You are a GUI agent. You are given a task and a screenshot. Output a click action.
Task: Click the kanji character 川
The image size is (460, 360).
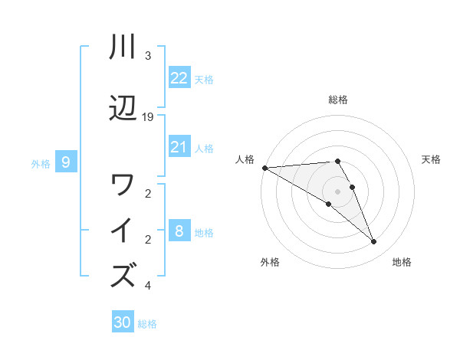123,47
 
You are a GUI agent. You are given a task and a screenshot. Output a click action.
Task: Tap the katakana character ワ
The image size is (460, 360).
123,185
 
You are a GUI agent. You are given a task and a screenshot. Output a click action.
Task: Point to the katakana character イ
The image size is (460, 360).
123,231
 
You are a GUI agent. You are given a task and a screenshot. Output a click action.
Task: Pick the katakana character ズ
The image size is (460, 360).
123,275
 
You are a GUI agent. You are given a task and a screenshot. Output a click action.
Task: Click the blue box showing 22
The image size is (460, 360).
179,77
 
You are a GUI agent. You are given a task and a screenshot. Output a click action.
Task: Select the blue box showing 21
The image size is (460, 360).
179,147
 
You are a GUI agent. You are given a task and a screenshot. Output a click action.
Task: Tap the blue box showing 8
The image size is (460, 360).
179,231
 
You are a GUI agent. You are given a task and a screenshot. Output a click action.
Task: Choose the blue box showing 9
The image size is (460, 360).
66,162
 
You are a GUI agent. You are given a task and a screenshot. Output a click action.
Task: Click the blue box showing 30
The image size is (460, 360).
123,323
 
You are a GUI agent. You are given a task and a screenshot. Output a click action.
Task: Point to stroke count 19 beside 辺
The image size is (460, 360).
149,117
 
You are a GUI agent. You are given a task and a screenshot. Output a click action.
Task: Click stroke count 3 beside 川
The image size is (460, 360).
148,56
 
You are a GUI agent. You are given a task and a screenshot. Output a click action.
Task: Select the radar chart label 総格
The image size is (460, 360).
338,100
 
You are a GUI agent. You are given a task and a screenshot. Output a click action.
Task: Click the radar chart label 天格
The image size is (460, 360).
432,159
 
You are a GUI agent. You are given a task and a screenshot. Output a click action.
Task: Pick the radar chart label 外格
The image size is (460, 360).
270,262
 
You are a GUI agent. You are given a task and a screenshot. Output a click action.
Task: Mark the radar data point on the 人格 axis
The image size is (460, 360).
264,168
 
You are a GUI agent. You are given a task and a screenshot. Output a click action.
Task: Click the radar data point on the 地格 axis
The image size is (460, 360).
374,242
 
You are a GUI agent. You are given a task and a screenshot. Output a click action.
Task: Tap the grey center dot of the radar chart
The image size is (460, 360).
338,191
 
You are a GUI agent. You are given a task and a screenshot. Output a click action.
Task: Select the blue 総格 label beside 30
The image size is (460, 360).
148,324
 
